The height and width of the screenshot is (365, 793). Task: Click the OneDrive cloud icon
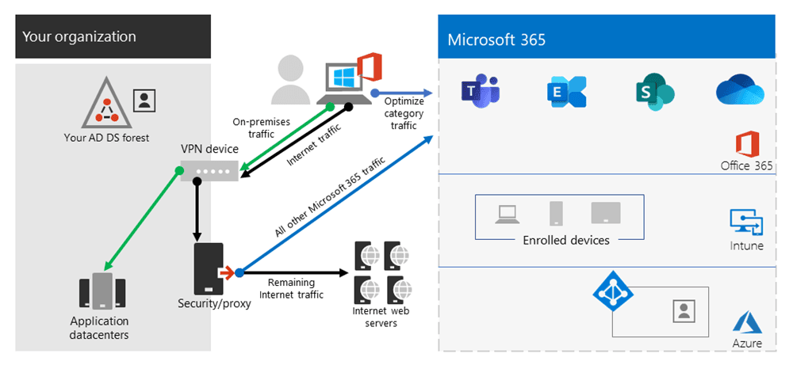(x=739, y=91)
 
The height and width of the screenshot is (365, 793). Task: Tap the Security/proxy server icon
(x=209, y=269)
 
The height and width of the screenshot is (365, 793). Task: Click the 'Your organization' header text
(x=79, y=36)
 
